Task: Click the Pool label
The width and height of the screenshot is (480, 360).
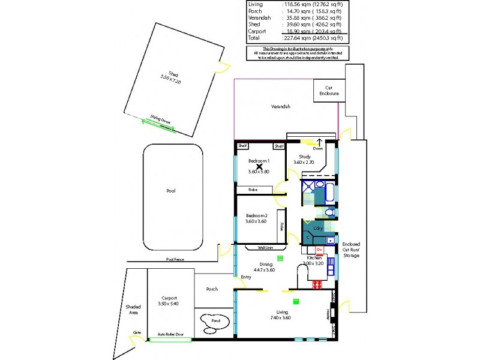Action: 171,191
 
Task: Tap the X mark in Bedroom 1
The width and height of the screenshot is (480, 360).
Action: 260,166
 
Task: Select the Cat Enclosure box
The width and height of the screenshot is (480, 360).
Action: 328,92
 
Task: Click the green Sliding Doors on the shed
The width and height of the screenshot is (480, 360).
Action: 159,122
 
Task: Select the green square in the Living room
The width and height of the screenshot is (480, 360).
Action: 295,301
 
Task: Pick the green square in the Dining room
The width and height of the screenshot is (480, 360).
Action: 280,259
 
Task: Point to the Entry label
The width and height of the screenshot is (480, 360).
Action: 246,277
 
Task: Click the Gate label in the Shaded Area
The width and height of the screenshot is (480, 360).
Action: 137,331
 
